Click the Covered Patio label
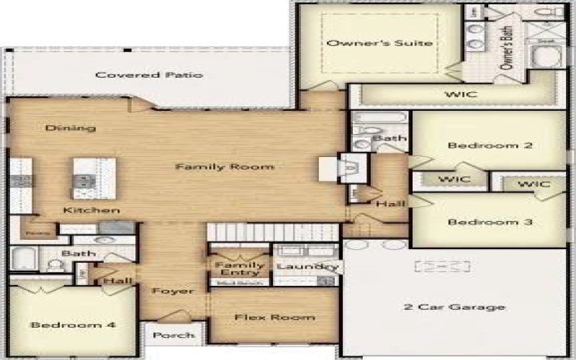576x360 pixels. [149, 75]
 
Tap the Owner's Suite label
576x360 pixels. [379, 43]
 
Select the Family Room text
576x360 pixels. [225, 167]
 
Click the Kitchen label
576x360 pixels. [91, 210]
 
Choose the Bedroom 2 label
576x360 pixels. [490, 145]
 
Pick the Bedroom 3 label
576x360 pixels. [490, 222]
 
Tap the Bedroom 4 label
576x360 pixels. [73, 325]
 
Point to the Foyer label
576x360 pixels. [173, 291]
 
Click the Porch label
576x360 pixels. [174, 335]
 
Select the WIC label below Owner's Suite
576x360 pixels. [461, 94]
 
